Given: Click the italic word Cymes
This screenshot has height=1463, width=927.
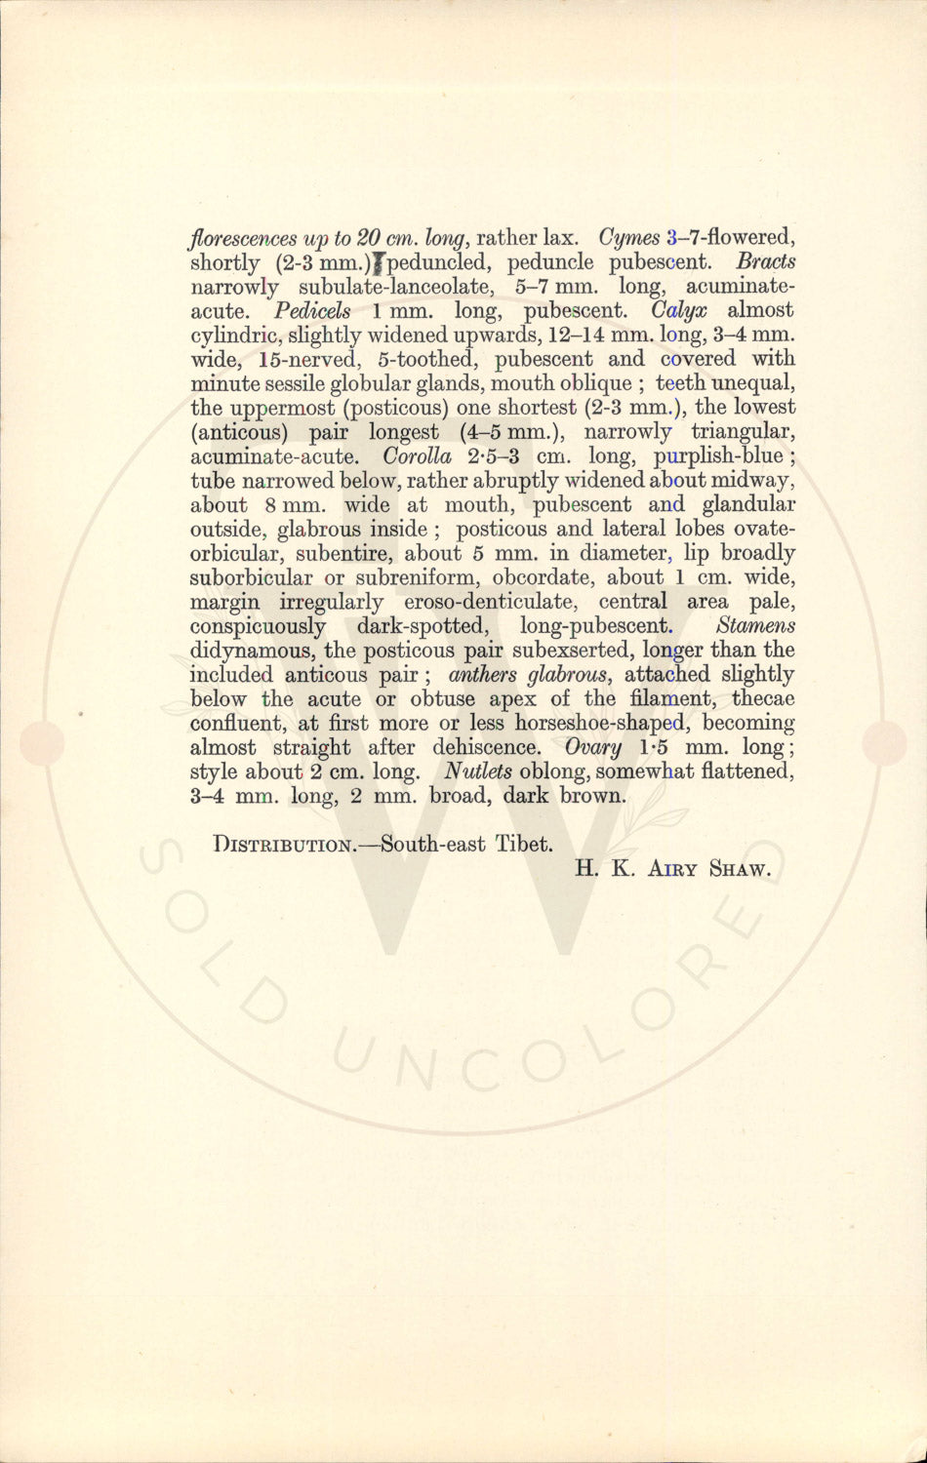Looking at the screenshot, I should pyautogui.click(x=630, y=238).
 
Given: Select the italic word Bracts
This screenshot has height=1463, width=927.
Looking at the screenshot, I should pyautogui.click(x=766, y=262).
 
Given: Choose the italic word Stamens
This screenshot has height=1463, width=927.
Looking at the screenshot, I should pyautogui.click(x=755, y=626).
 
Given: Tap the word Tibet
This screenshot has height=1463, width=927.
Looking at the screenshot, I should pyautogui.click(x=524, y=845).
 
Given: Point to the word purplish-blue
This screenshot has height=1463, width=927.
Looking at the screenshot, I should pyautogui.click(x=718, y=456).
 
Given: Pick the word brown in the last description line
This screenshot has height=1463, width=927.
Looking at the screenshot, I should pyautogui.click(x=592, y=796).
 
